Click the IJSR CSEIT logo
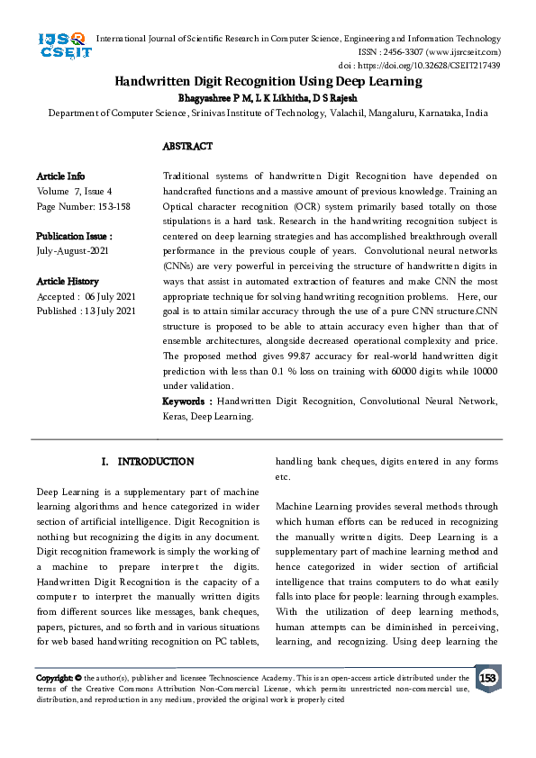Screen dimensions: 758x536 pos(62,45)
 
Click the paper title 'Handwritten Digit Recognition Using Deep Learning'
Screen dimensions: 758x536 pos(268,81)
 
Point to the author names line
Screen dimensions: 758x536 pos(268,96)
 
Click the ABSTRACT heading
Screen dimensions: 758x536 pos(187,146)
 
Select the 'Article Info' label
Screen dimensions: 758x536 pos(60,176)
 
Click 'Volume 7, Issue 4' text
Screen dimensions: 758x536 pos(74,192)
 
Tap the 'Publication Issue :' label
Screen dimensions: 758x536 pos(74,237)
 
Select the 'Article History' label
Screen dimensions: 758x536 pos(68,282)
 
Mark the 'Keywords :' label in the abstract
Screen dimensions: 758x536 pos(187,401)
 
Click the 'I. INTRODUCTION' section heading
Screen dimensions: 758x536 pos(147,462)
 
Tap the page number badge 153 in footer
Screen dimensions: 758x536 pos(487,678)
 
